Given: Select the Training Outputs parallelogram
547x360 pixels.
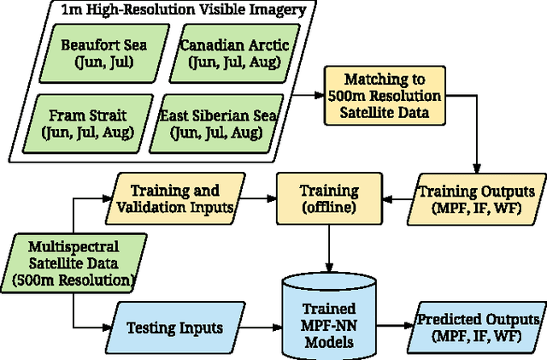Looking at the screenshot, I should click(479, 199).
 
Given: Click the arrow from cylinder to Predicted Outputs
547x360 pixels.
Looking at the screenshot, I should click(395, 326).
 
